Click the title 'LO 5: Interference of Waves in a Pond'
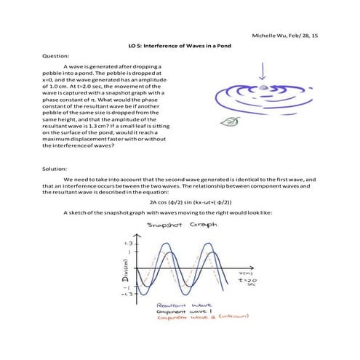point(180,45)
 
